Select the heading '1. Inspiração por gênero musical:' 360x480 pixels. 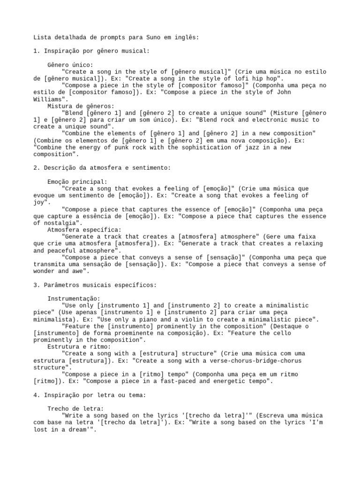pos(91,51)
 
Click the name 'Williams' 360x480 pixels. pos(49,99)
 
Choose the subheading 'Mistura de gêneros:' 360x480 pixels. pos(81,106)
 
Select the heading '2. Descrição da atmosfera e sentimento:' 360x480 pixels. pos(102,168)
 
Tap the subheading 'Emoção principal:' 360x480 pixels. pos(77,181)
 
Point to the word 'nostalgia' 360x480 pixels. pos(51,223)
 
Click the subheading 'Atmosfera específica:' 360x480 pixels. pos(84,230)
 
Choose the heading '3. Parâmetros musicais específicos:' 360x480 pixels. pos(95,285)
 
